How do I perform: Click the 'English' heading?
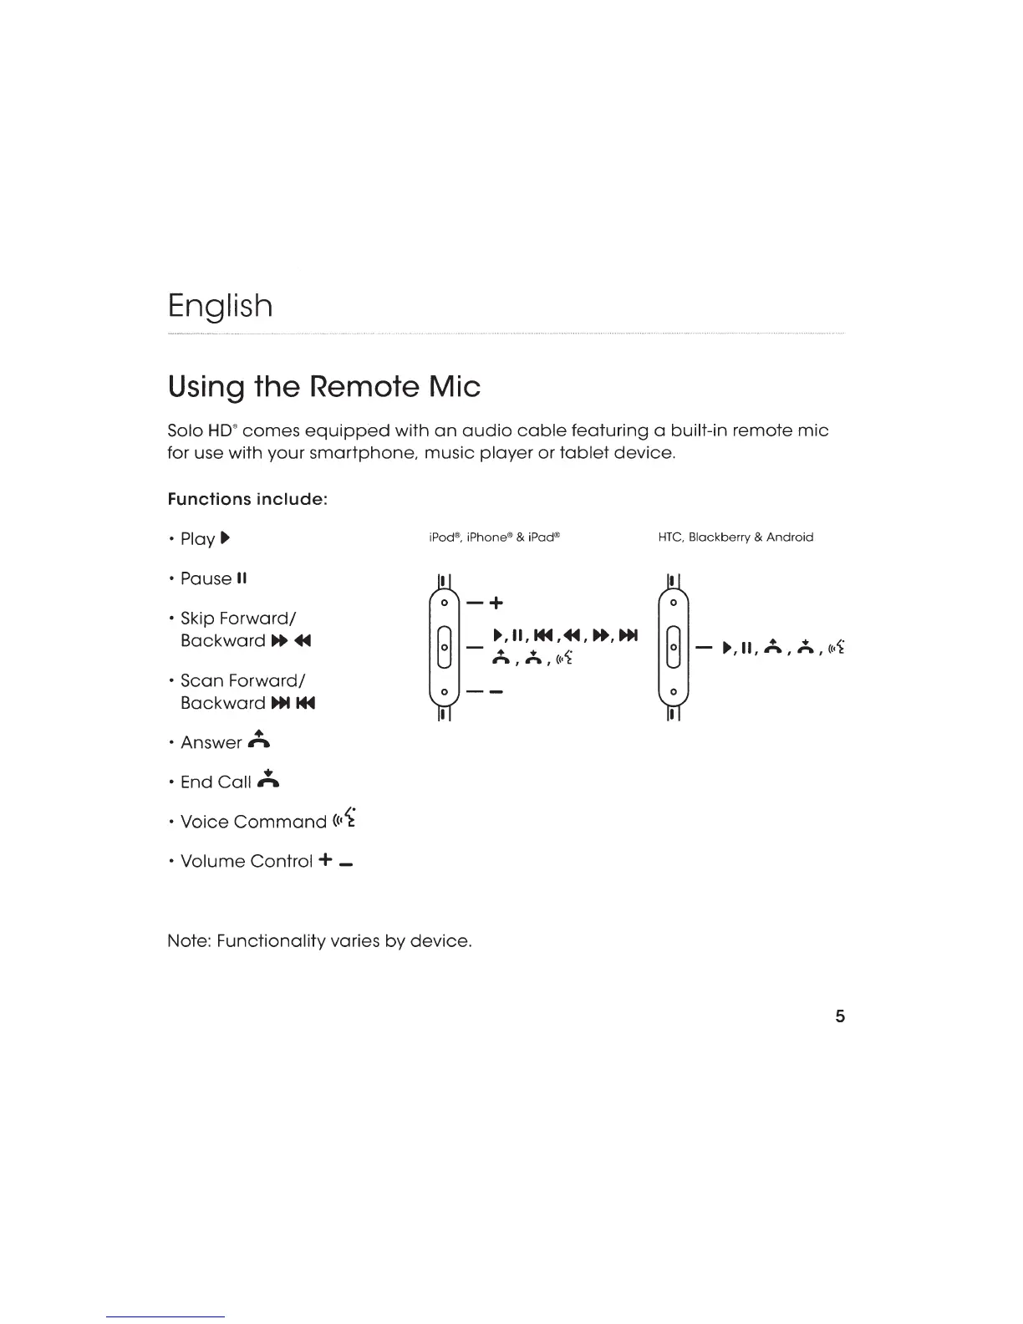pos(220,307)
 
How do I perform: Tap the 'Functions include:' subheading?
pos(247,499)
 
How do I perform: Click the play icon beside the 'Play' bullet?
pos(225,538)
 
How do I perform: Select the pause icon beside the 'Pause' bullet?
pos(242,578)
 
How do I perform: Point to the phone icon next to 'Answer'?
pos(260,741)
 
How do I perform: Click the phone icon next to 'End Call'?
pos(269,780)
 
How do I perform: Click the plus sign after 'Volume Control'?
pos(326,860)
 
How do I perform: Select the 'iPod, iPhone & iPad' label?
pos(493,537)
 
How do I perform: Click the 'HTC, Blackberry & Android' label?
pos(735,537)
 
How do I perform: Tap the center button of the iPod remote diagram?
pos(445,647)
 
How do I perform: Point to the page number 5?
pos(840,1016)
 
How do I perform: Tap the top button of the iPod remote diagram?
pos(445,602)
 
